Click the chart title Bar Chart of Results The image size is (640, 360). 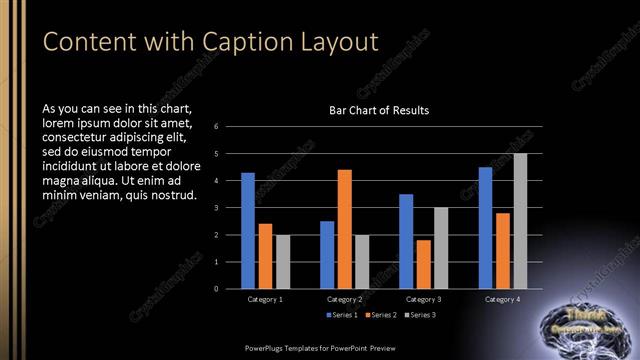coord(379,110)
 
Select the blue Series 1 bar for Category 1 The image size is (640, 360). coord(248,231)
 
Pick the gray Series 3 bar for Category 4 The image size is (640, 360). coord(520,221)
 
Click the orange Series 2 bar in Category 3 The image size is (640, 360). coord(424,264)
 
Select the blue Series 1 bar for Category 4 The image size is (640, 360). coord(486,228)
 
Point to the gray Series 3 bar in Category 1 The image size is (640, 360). coord(282,262)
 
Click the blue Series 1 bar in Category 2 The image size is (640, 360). coord(327,255)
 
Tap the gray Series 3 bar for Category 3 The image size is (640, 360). coord(441,248)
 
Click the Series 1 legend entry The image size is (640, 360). coord(342,315)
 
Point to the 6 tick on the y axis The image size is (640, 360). coord(230,127)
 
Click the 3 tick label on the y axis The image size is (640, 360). coord(230,208)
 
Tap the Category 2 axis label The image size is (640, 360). coord(344,299)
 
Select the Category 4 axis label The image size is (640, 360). coord(503,299)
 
